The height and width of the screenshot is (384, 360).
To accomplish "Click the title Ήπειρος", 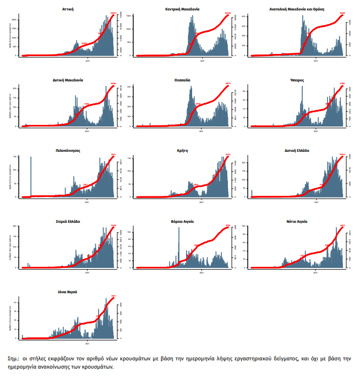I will tap(297, 80).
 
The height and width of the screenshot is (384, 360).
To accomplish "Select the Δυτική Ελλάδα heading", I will tap(299, 150).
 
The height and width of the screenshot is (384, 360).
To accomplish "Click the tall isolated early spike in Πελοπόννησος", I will tap(31, 176).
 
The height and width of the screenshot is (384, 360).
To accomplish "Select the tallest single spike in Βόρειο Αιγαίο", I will tap(179, 248).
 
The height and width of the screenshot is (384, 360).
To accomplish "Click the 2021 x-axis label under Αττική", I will tap(87, 58).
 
